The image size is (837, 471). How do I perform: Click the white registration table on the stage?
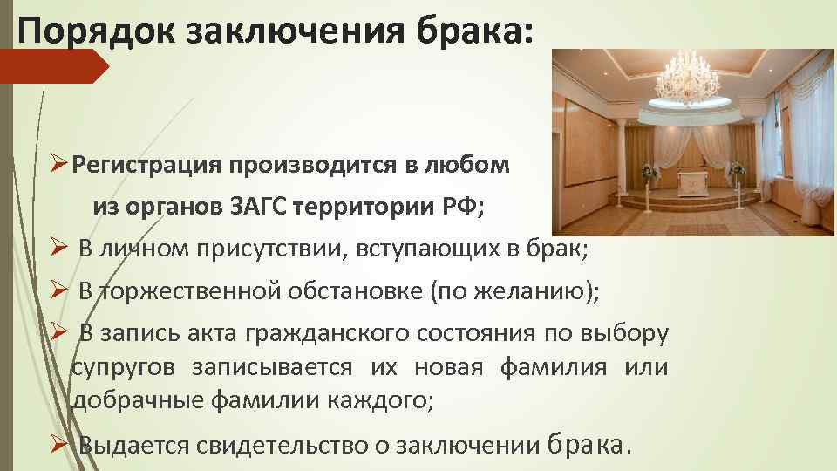coord(696,182)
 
